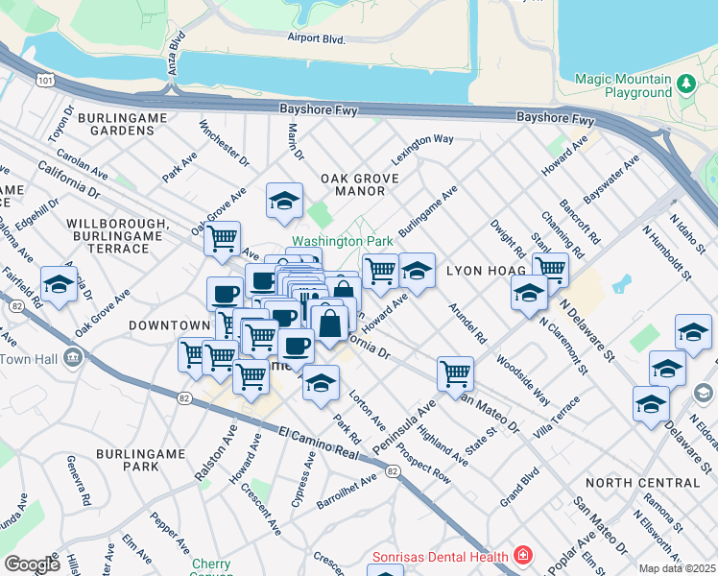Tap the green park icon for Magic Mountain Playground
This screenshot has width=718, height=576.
coord(686,84)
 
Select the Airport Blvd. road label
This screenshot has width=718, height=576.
coord(316,37)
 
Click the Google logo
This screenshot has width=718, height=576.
coord(32,564)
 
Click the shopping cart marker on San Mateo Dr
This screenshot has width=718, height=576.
coord(455,372)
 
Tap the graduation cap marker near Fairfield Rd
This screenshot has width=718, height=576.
coord(59,283)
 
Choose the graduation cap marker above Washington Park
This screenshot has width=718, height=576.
coord(284,201)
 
